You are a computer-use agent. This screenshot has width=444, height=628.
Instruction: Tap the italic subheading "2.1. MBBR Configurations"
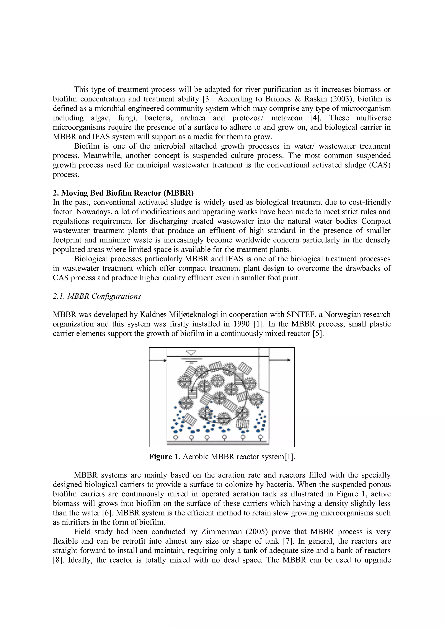tap(97, 296)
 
